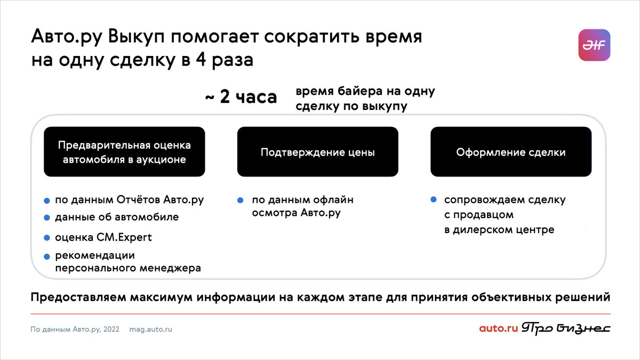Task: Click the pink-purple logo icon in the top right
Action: (x=594, y=45)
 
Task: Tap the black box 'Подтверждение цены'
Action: (x=317, y=152)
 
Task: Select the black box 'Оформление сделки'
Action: (x=510, y=152)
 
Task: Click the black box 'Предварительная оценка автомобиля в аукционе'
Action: (x=124, y=152)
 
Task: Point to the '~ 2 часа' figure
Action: (x=241, y=98)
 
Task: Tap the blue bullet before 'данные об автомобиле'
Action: (x=47, y=218)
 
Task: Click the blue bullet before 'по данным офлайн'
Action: (x=241, y=201)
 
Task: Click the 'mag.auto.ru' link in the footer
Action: (x=150, y=329)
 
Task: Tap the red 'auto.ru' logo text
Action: (x=498, y=329)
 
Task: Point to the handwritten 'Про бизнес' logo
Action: (x=566, y=329)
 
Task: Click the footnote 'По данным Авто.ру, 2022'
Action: (x=75, y=329)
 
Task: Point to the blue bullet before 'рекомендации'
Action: (x=47, y=257)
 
